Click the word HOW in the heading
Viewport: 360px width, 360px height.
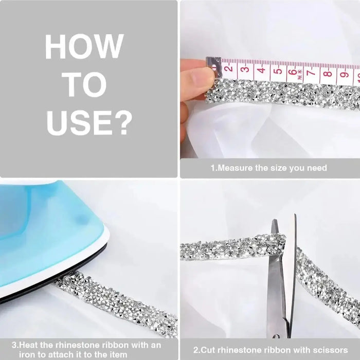84,47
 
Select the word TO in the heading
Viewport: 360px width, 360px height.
86,84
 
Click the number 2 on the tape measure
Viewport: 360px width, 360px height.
229,68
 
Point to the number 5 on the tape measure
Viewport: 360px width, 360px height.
278,70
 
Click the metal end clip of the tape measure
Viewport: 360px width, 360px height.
214,66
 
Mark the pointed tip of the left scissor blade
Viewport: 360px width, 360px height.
274,220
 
